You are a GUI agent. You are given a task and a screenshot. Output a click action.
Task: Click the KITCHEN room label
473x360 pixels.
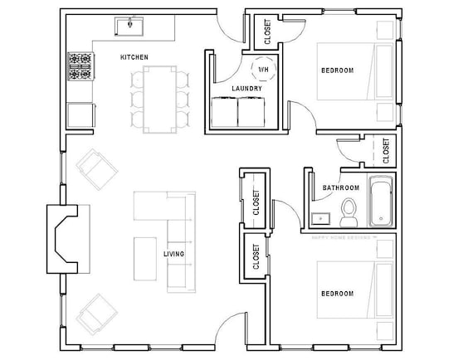(x=134, y=56)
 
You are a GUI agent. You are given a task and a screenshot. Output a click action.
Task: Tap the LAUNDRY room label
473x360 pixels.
(x=247, y=88)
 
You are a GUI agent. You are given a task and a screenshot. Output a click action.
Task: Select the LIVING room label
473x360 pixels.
(x=173, y=254)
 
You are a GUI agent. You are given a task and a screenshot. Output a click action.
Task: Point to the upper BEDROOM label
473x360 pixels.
(x=337, y=71)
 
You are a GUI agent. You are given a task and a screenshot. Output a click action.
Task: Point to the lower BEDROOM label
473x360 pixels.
(x=337, y=294)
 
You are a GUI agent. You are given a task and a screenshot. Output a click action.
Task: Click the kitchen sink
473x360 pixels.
(x=130, y=27)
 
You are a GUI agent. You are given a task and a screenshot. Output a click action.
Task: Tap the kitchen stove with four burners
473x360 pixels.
(x=80, y=66)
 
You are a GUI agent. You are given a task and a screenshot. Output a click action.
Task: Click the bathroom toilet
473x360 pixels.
(x=349, y=213)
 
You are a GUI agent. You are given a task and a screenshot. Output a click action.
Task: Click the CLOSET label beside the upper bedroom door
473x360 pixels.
(x=266, y=31)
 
